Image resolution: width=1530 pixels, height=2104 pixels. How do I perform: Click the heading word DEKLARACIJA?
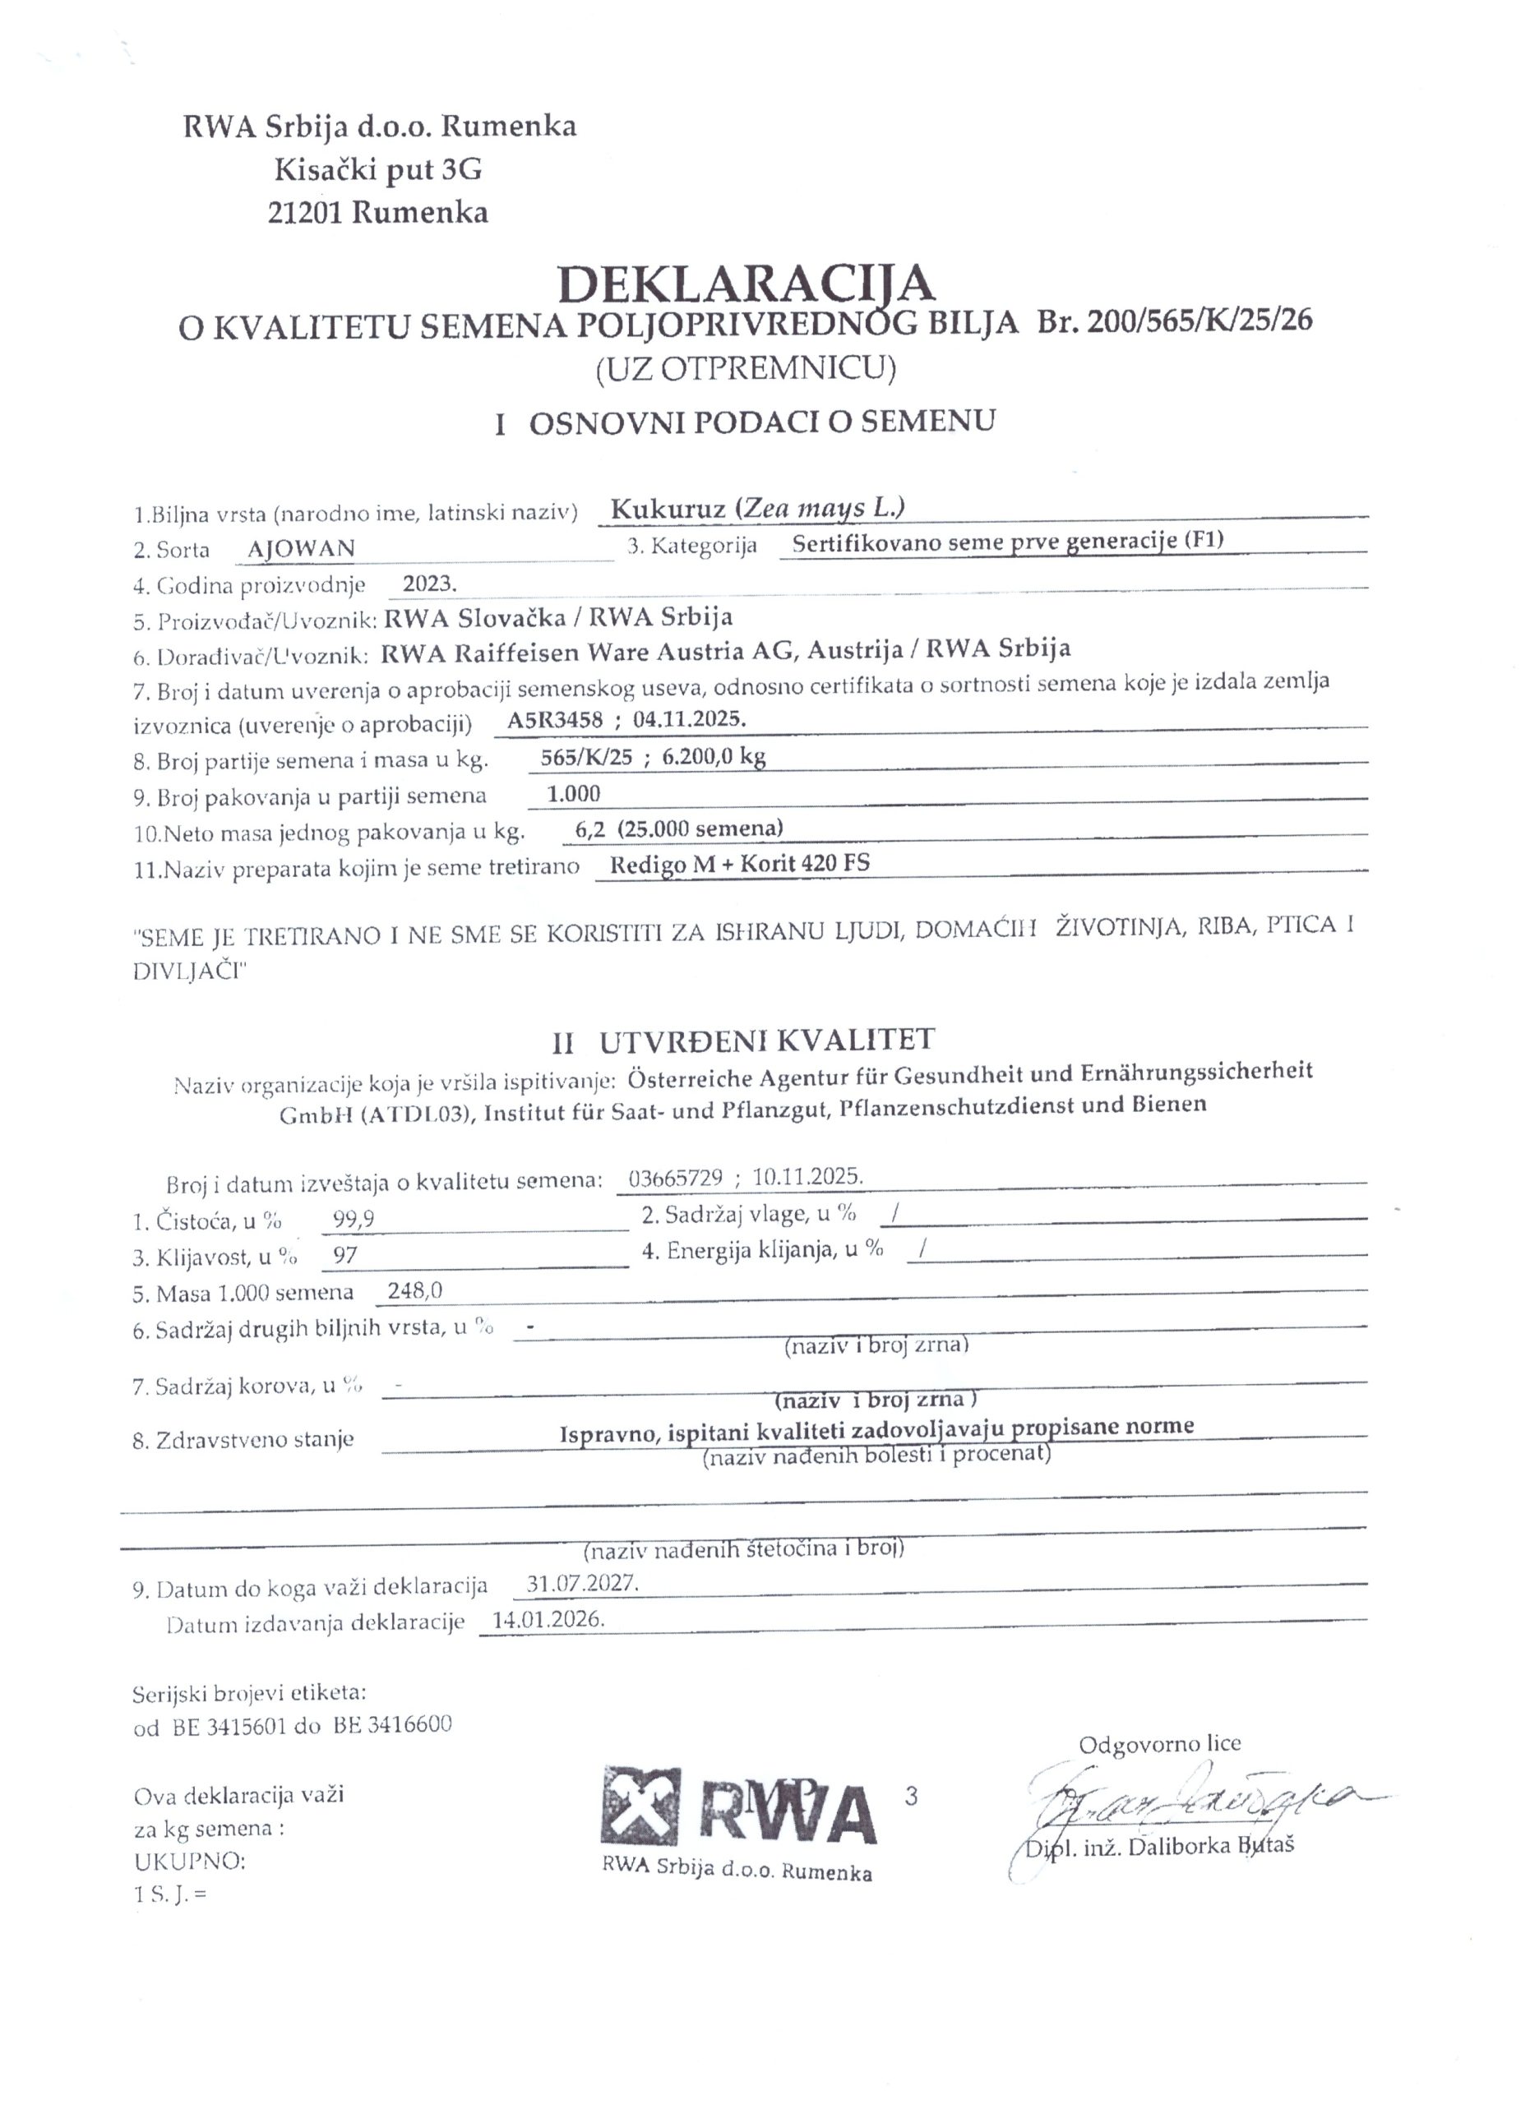pos(746,283)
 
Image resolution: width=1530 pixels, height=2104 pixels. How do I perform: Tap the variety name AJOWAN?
pos(301,548)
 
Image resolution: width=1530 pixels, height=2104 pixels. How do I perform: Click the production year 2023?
pos(430,584)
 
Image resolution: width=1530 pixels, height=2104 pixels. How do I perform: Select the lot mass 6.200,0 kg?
pos(714,757)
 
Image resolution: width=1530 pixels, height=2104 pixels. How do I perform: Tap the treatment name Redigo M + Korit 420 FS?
pos(739,865)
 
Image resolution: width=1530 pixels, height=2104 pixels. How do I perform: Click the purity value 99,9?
pos(354,1220)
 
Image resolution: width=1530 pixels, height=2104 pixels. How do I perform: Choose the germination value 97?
pos(345,1257)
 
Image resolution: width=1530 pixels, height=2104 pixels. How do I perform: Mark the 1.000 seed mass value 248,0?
pos(417,1292)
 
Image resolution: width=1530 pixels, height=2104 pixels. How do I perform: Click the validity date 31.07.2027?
pos(582,1585)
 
